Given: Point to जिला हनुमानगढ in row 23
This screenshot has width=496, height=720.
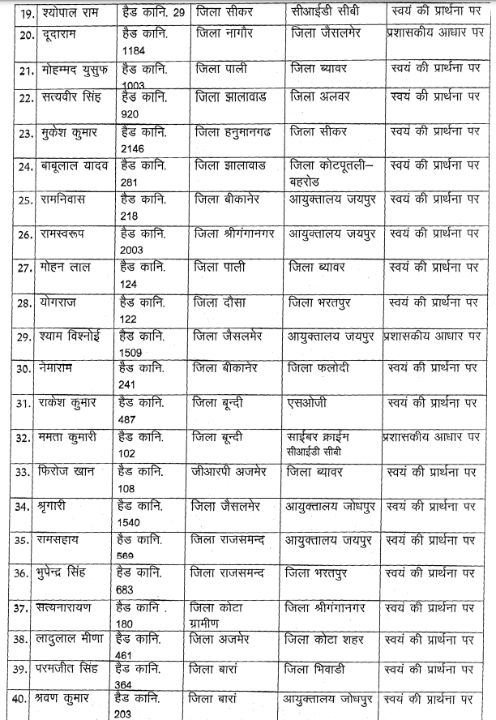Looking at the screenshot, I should click(231, 130).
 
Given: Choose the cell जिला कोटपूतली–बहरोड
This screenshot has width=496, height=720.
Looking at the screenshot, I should click(327, 171).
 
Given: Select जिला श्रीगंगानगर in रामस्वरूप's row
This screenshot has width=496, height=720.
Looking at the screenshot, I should click(235, 234).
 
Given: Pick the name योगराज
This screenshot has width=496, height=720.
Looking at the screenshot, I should click(57, 302).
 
